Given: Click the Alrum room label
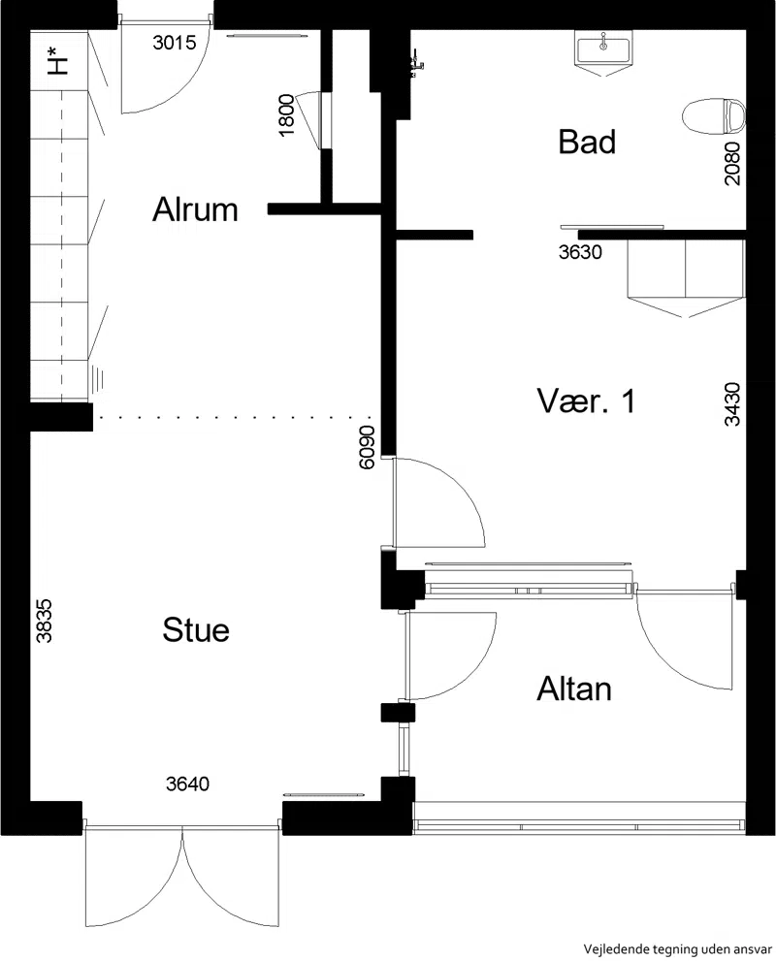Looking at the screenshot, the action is [x=195, y=209].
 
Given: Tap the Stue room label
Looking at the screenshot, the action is [x=196, y=630].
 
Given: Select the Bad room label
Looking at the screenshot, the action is [x=587, y=142].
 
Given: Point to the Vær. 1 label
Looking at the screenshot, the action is [x=586, y=401].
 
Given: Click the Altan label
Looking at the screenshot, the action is [x=574, y=689].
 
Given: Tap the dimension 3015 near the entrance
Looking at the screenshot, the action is [x=175, y=43].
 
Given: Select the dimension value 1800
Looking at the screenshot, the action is [x=286, y=115].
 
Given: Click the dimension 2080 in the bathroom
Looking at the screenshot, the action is [x=732, y=163].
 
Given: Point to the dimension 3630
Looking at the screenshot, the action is [x=580, y=252].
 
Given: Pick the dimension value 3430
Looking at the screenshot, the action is [x=732, y=403].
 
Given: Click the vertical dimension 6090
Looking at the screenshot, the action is [x=366, y=447].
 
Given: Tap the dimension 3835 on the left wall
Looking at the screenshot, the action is [x=44, y=621].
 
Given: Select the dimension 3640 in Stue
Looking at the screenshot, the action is [x=187, y=784].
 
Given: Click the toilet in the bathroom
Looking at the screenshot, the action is [x=714, y=115].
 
